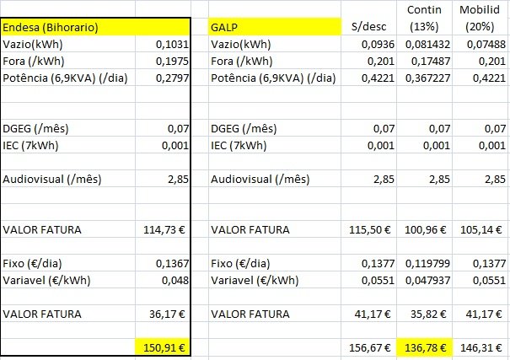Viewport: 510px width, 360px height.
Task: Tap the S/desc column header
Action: coord(366,28)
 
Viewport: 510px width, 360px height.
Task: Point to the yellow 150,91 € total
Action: coord(162,346)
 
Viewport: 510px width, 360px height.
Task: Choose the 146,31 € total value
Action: coord(483,346)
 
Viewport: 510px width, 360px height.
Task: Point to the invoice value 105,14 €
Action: coord(483,229)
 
